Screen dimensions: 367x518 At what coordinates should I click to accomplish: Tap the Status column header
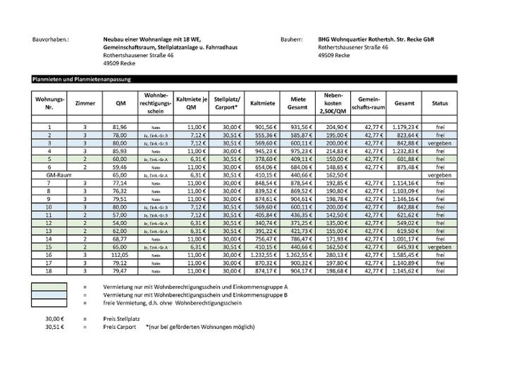pyautogui.click(x=440, y=103)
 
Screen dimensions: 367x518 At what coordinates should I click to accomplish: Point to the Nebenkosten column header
pyautogui.click(x=333, y=103)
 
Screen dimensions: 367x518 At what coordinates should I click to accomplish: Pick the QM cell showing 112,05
pyautogui.click(x=121, y=255)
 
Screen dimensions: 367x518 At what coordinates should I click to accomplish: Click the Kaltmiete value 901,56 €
pyautogui.click(x=261, y=127)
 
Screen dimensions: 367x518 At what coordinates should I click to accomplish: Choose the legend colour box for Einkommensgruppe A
pyautogui.click(x=49, y=287)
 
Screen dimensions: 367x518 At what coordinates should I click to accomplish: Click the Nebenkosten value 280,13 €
pyautogui.click(x=333, y=255)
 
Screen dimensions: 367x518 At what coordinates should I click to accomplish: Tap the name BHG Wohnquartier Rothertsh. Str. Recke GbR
pyautogui.click(x=376, y=40)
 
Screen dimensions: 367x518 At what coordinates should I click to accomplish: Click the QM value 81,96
pyautogui.click(x=121, y=127)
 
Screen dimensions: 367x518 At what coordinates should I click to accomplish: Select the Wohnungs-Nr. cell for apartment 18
pyautogui.click(x=49, y=270)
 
